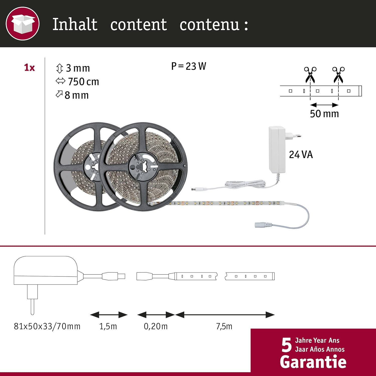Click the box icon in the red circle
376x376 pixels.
23,24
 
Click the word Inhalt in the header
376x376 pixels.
75,25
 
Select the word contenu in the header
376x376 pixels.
210,25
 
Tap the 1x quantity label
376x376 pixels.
29,67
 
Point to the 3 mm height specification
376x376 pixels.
73,68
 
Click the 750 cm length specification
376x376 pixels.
77,82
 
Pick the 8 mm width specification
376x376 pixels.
72,95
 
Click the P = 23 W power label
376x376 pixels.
189,66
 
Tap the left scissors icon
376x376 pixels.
310,75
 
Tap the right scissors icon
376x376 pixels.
338,75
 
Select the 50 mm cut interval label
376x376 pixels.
324,114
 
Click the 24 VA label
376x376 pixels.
301,155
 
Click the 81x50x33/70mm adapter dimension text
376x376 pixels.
47,326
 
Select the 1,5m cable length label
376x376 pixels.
108,326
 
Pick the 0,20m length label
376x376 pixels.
156,326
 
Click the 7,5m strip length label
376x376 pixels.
224,326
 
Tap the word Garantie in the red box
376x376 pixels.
313,362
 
